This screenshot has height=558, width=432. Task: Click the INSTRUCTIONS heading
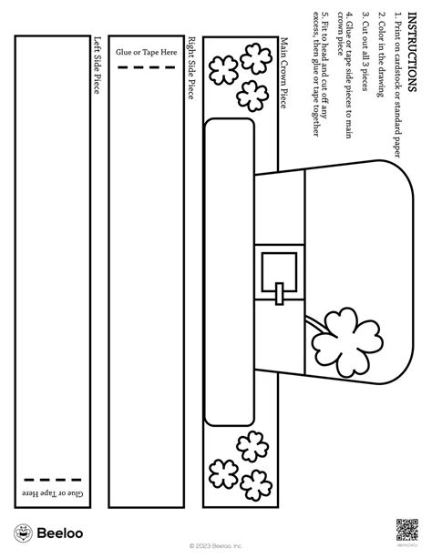[x=412, y=52]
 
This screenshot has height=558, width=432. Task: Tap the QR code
[x=406, y=530]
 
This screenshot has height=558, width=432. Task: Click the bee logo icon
[x=23, y=533]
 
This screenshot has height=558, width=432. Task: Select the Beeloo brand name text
[x=60, y=533]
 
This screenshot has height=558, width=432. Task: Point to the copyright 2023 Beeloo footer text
[x=216, y=546]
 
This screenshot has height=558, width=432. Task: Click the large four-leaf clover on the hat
[x=347, y=342]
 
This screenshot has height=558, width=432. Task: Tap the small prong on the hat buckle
[x=280, y=294]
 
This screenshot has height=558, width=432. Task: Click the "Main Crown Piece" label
[x=284, y=73]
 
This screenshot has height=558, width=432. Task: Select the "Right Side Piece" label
[x=191, y=67]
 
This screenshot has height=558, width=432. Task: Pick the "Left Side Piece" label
[x=97, y=66]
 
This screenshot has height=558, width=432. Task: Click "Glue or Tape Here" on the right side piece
[x=146, y=52]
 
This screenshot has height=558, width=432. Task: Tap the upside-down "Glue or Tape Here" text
[x=53, y=493]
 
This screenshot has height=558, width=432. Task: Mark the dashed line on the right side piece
[x=146, y=66]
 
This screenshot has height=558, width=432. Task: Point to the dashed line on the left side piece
[x=53, y=480]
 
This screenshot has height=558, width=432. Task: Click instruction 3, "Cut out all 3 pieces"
[x=365, y=51]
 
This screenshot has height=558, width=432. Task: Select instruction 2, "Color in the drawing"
[x=381, y=54]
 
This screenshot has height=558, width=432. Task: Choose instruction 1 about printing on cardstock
[x=397, y=85]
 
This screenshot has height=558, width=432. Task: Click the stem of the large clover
[x=316, y=324]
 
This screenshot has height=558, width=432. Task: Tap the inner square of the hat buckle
[x=279, y=272]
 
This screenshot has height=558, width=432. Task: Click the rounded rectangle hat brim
[x=230, y=272]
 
